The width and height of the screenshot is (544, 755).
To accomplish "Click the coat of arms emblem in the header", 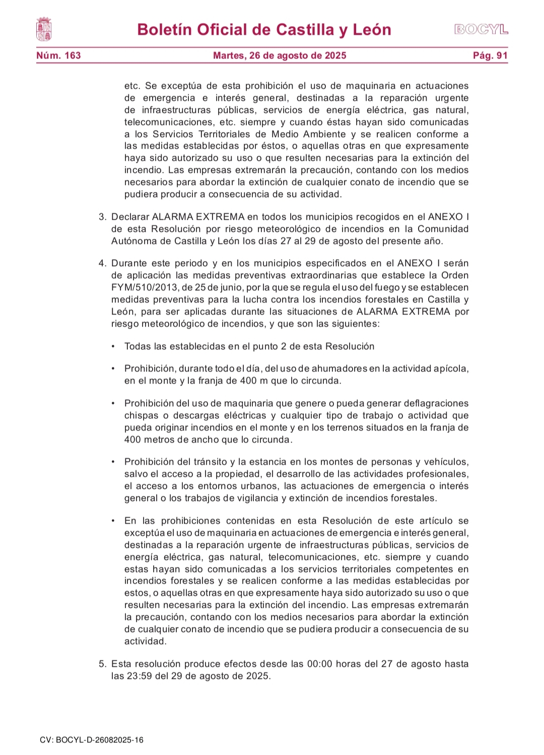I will [x=44, y=29].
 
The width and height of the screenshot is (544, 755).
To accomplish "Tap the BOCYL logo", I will [x=481, y=30].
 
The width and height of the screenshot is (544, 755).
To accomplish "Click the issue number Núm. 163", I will [x=58, y=55].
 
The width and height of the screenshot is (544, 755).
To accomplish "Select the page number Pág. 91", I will [x=490, y=55].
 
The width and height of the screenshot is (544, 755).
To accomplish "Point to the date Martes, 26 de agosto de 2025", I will [x=280, y=55].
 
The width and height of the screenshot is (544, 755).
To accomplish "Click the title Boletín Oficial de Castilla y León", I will [x=264, y=30].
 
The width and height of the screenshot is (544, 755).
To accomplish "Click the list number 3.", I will [x=103, y=217].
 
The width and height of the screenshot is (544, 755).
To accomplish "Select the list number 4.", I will [x=103, y=264].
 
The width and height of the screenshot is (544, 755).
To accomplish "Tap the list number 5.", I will [x=103, y=664].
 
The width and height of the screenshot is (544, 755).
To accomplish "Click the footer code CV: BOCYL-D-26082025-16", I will [x=92, y=740].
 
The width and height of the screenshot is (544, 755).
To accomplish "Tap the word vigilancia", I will [x=254, y=498].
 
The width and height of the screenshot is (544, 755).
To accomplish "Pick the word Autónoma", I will [x=133, y=241].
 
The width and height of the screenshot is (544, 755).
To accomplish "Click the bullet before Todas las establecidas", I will [x=113, y=347].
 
